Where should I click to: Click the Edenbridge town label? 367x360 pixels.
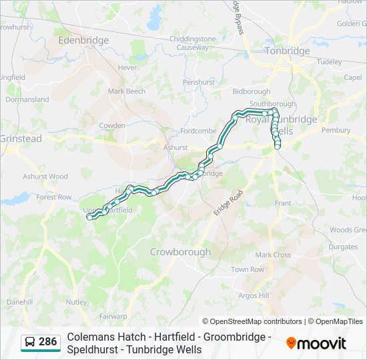(x=83, y=40)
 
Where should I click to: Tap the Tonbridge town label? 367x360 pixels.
(x=288, y=51)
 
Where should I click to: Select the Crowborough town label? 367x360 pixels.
(x=180, y=252)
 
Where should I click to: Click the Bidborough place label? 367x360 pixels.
(x=251, y=91)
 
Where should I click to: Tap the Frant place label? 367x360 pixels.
(x=283, y=203)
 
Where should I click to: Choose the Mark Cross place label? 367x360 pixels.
(x=273, y=255)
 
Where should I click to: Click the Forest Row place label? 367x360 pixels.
(x=54, y=197)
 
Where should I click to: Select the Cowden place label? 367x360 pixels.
(x=112, y=125)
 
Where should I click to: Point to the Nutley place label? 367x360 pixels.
(x=76, y=302)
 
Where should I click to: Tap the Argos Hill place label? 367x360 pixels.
(x=254, y=295)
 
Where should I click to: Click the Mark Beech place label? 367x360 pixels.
(x=126, y=91)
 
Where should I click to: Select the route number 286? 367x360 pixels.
(x=47, y=342)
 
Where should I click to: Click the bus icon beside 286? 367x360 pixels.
(x=31, y=343)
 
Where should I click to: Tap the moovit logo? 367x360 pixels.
(x=316, y=343)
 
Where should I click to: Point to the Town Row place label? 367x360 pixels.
(x=248, y=269)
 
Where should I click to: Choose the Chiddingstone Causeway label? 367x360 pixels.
(x=193, y=43)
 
